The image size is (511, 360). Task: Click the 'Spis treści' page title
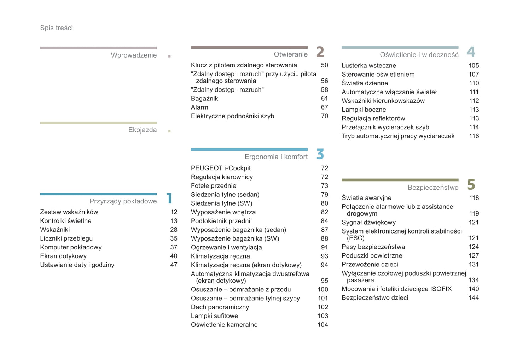(56, 28)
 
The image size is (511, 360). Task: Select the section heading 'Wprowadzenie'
(134, 55)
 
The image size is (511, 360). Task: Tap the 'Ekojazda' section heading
(142, 130)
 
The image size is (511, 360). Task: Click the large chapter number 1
(169, 198)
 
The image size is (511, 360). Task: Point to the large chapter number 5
(471, 184)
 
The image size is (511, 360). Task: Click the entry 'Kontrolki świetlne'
(65, 221)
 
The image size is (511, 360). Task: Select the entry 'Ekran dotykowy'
(63, 256)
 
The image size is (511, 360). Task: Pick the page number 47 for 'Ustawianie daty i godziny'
(174, 265)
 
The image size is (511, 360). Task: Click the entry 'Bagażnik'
(204, 99)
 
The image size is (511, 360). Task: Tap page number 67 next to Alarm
(324, 107)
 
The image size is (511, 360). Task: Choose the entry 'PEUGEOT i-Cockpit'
(221, 168)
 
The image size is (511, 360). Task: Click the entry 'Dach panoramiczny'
(220, 307)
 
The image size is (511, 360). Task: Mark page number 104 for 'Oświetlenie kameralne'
(323, 325)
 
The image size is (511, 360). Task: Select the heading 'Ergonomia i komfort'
(276, 157)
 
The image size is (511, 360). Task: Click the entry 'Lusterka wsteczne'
(368, 66)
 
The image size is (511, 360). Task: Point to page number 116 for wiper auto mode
(474, 136)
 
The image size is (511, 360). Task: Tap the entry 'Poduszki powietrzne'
(372, 256)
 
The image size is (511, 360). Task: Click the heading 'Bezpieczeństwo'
(433, 188)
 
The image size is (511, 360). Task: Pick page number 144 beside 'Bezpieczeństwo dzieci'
(474, 298)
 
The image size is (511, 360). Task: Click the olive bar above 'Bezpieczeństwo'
(400, 180)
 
